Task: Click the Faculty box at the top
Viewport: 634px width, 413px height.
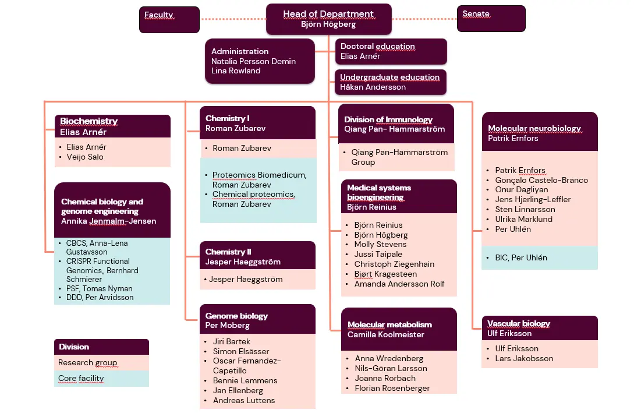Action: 169,19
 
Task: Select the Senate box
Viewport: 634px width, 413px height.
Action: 491,18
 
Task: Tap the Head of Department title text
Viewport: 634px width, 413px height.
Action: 328,14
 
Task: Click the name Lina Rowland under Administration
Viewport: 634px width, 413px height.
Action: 236,71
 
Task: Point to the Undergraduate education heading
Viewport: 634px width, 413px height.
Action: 389,77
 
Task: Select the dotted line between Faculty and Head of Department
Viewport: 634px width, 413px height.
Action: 232,19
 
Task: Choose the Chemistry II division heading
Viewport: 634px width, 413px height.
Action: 228,252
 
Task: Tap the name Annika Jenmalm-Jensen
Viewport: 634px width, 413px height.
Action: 108,221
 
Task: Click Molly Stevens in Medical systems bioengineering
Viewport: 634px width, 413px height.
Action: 380,245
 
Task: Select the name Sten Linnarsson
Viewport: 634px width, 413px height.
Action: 525,209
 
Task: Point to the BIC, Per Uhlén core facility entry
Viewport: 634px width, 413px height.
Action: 520,257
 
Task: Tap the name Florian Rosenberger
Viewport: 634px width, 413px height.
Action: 392,388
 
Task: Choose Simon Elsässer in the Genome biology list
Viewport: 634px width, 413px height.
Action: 241,351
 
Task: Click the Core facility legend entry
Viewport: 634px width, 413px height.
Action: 81,379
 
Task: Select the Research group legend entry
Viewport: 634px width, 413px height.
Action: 87,363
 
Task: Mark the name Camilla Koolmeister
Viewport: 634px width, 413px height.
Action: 385,334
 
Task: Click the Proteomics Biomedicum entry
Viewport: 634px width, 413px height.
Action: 259,175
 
